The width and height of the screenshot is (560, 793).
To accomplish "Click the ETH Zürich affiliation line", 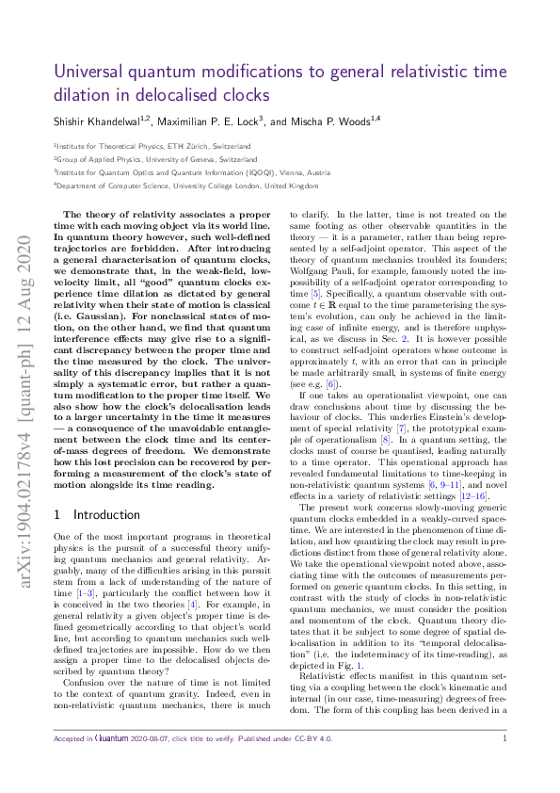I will click(x=152, y=147).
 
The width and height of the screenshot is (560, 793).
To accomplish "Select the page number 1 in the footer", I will click(x=505, y=766).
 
